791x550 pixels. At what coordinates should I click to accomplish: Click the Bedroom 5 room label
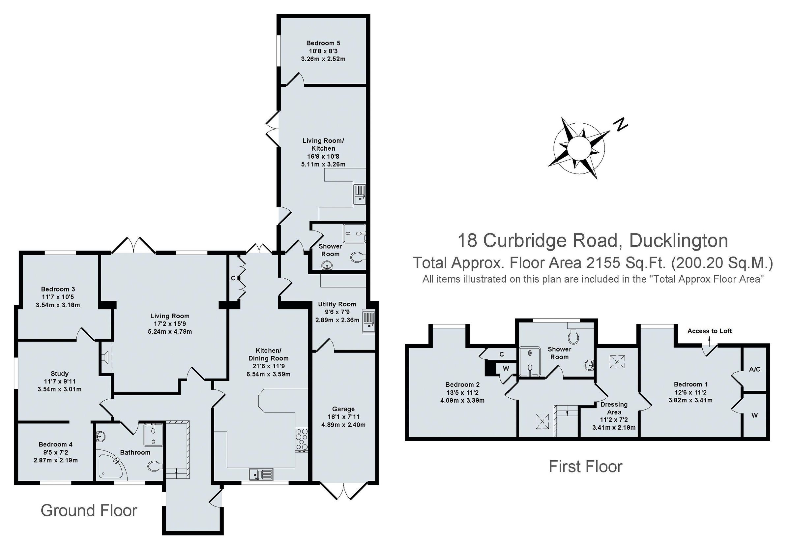click(323, 43)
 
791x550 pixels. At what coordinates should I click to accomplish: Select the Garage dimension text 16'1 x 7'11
click(343, 417)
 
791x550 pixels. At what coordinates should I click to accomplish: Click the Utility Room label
click(337, 304)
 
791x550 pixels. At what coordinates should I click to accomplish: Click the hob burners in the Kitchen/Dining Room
click(302, 440)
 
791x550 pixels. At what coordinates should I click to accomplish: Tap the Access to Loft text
click(709, 331)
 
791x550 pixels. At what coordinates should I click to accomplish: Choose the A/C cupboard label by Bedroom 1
click(754, 369)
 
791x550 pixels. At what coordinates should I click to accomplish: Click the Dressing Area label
click(614, 408)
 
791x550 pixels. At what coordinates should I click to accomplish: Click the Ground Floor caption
click(89, 510)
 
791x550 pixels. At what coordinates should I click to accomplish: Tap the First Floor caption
click(585, 467)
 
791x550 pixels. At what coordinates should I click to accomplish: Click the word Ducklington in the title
click(678, 240)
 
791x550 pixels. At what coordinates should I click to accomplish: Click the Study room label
click(60, 373)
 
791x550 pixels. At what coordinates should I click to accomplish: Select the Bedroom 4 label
click(55, 444)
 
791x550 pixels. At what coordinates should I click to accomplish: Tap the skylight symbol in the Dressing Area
click(617, 362)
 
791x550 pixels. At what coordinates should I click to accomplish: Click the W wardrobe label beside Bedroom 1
click(754, 415)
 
